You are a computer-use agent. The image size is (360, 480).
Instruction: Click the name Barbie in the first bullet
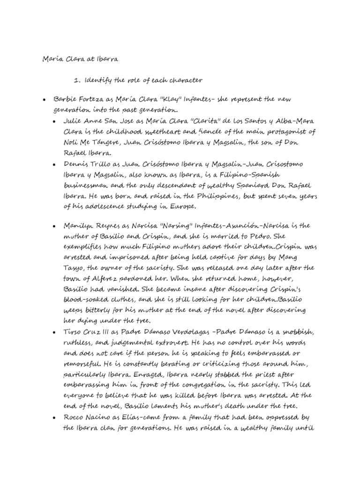click(x=66, y=100)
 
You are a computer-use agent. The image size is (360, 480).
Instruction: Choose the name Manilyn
click(x=77, y=226)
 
